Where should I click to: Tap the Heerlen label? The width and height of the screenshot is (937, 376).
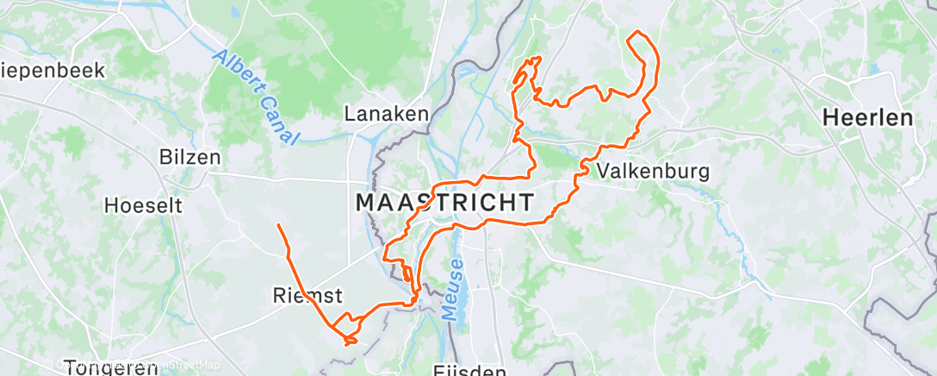[867, 118]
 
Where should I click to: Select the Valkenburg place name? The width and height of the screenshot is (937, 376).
[653, 171]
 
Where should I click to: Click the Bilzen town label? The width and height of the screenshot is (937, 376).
[189, 158]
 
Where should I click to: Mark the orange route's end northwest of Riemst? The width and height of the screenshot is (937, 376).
[278, 225]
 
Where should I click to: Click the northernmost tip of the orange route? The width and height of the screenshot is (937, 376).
[637, 32]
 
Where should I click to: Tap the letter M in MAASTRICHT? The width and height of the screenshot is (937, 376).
[365, 203]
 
